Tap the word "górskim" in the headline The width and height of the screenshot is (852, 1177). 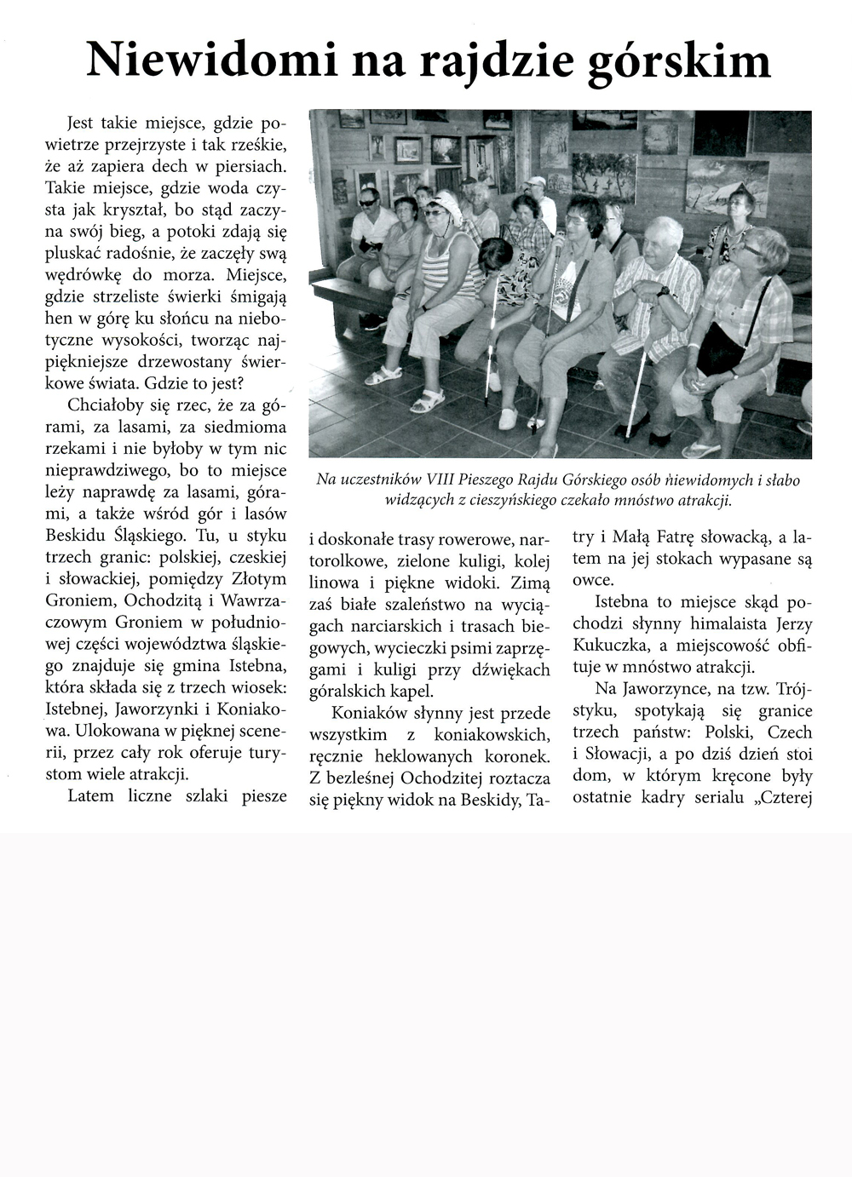pos(678,61)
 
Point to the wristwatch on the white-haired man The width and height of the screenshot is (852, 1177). pos(662,291)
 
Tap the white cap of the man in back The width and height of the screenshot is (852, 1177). pos(535,181)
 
